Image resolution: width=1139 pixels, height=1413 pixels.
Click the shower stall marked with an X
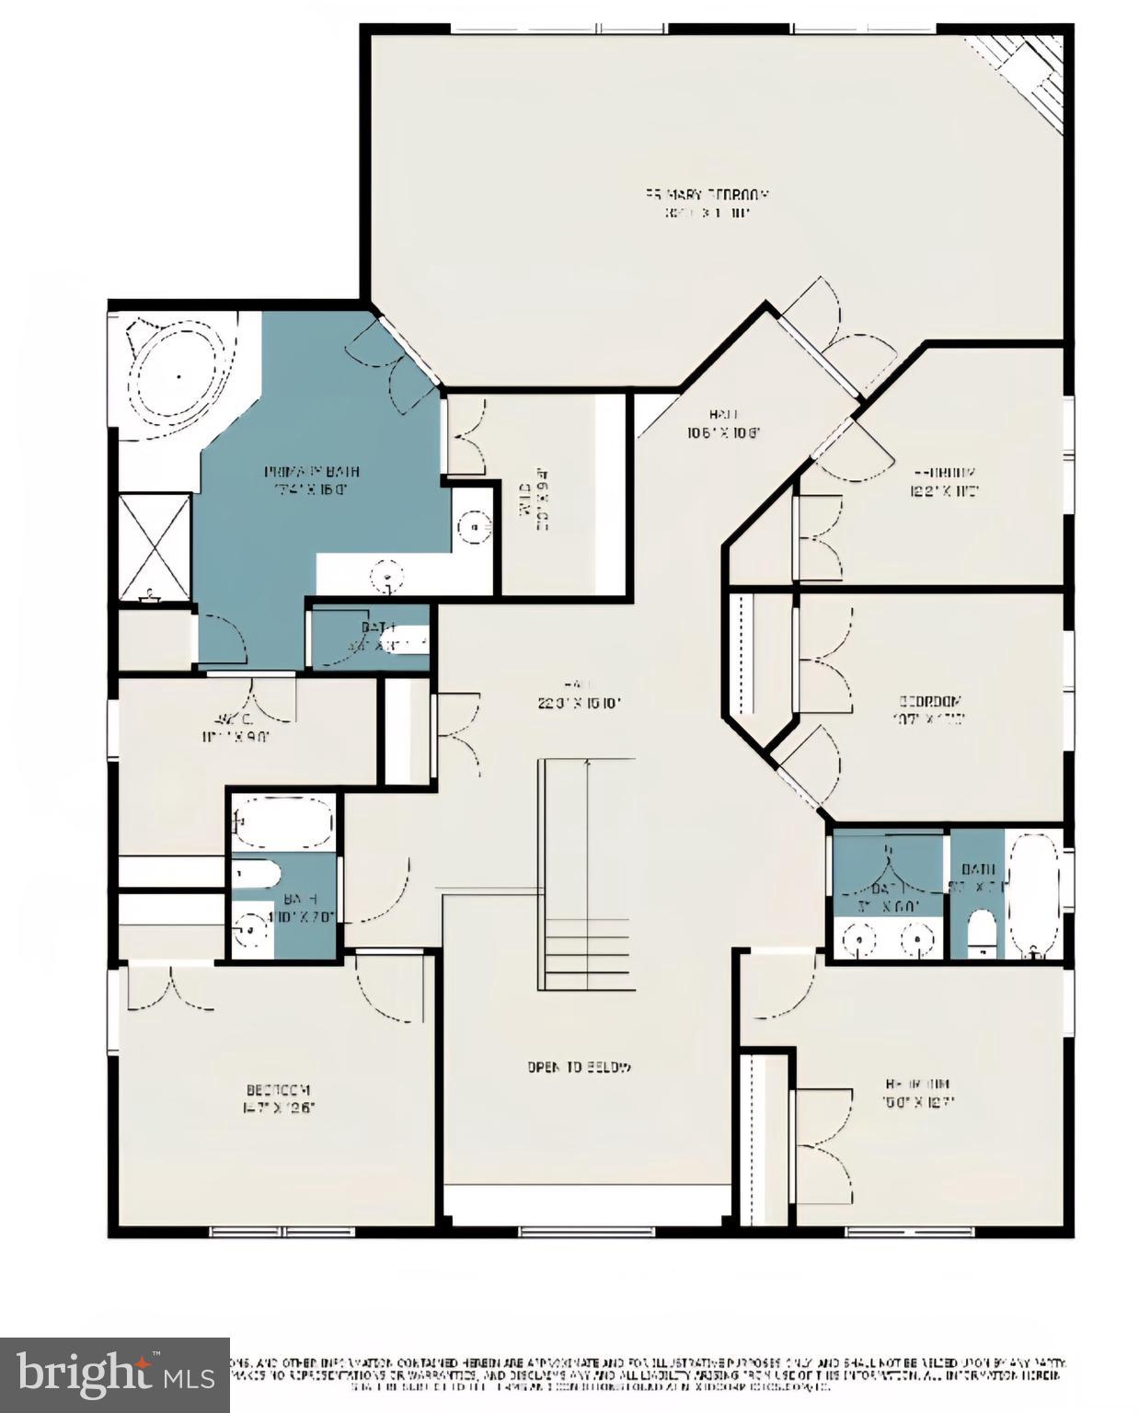pos(155,548)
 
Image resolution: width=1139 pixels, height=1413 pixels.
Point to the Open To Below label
pos(580,1067)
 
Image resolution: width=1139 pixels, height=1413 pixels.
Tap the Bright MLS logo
pos(114,1374)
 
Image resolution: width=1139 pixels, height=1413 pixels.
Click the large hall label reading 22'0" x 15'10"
pos(580,695)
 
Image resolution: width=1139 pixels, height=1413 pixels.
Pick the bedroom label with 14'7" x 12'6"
pos(279,1098)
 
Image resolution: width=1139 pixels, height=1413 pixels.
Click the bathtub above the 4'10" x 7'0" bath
pos(282,821)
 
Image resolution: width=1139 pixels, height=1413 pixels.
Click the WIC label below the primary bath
pos(236,727)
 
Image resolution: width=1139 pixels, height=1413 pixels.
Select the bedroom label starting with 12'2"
pos(944,479)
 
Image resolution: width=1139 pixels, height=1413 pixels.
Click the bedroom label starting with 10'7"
pos(930,709)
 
